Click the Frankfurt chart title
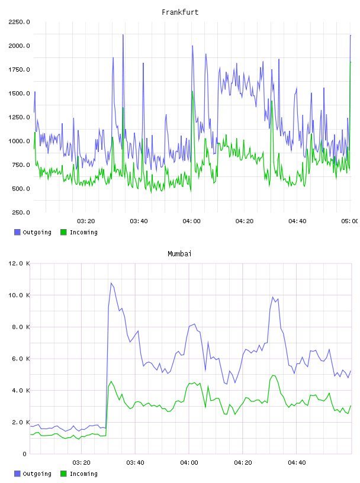[x=180, y=12]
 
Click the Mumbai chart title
[x=179, y=254]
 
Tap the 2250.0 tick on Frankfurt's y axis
[x=19, y=22]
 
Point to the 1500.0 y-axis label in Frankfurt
[x=19, y=94]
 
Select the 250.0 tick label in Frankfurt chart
[x=21, y=212]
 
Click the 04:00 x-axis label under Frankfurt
[x=191, y=221]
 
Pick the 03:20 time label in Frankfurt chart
[x=86, y=221]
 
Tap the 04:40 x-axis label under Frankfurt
[x=297, y=221]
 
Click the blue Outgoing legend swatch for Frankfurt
[x=17, y=232]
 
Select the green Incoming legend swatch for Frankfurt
[x=63, y=232]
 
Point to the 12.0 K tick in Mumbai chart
[x=19, y=263]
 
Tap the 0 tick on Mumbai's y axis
[x=24, y=454]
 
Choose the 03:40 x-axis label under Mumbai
[x=135, y=463]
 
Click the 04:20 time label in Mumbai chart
[x=243, y=463]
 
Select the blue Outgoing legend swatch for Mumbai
[x=17, y=474]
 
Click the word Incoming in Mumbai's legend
[x=83, y=474]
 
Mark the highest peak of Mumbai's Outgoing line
[x=111, y=283]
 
